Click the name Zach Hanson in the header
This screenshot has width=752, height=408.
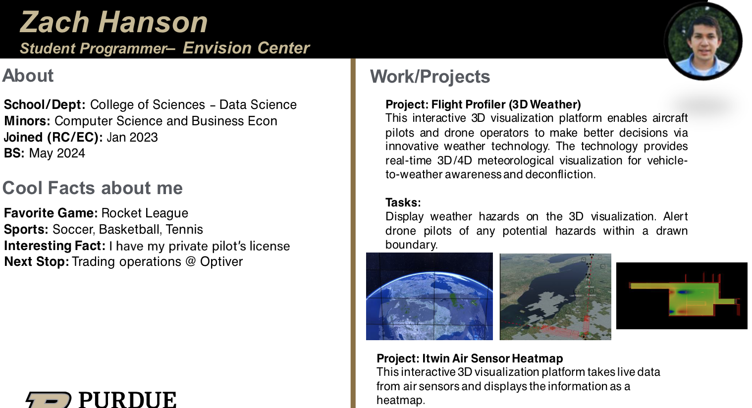click(114, 22)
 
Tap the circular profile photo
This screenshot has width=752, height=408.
click(703, 42)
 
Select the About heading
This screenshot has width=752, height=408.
click(28, 75)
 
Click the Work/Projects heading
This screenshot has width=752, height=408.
click(430, 76)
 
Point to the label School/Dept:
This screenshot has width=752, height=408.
click(45, 104)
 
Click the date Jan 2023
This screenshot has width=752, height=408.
click(132, 137)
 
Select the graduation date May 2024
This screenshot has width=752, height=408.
click(57, 153)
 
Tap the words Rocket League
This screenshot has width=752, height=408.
click(145, 213)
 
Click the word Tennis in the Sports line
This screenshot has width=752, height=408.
click(184, 230)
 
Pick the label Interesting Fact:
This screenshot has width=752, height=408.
click(54, 246)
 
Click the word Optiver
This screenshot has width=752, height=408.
click(221, 262)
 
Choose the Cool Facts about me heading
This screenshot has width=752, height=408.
click(93, 188)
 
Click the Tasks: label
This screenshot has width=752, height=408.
click(403, 203)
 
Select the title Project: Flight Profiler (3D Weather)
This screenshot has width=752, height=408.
click(483, 104)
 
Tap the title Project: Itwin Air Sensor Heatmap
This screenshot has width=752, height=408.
click(470, 358)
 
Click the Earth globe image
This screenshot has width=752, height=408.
click(430, 296)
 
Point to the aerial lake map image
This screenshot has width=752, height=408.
click(555, 297)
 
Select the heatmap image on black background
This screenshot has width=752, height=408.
click(682, 296)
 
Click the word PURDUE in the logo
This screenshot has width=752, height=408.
click(127, 400)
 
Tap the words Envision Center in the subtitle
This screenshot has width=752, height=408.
click(246, 48)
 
